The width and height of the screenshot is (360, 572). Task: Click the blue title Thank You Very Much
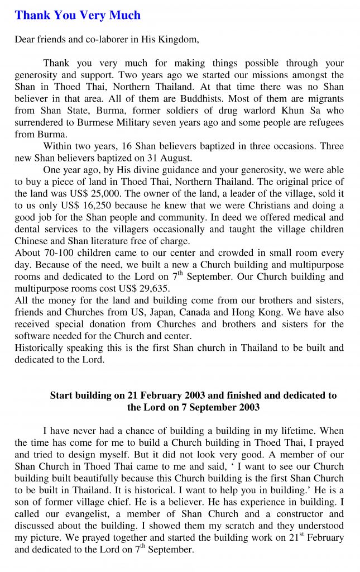coord(78,15)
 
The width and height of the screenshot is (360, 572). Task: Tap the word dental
coord(27,229)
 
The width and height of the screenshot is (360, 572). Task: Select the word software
coord(32,336)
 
